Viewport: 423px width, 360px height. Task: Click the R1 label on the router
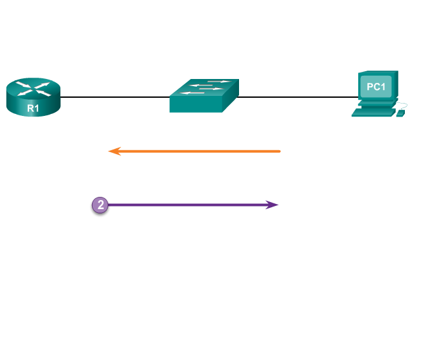click(33, 108)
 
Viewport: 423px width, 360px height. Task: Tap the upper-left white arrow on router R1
click(23, 84)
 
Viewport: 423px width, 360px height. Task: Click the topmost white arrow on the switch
click(220, 82)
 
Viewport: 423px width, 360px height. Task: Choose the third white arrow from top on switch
click(211, 89)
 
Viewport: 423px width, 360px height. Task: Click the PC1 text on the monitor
click(376, 87)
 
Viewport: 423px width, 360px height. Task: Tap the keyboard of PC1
click(373, 112)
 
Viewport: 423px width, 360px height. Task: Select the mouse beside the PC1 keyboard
click(400, 113)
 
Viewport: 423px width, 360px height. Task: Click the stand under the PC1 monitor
click(376, 102)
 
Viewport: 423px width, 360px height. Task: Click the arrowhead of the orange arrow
click(113, 152)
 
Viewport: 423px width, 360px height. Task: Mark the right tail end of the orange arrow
click(279, 152)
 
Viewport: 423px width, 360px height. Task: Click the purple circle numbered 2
click(100, 205)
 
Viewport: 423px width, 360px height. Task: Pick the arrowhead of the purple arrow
click(273, 205)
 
